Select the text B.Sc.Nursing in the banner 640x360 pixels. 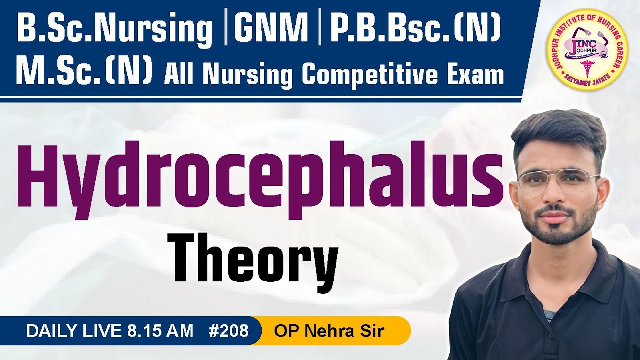tap(115, 30)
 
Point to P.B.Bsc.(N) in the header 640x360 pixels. tap(415, 30)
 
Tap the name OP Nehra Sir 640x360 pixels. tap(329, 331)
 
